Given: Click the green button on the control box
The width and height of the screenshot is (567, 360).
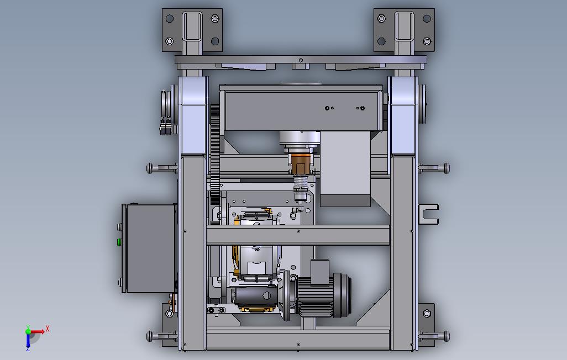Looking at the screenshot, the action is click(x=119, y=241).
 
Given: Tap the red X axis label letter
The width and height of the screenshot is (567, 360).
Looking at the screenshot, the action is click(x=48, y=329).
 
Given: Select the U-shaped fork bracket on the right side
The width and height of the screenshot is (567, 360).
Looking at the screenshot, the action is click(x=429, y=214).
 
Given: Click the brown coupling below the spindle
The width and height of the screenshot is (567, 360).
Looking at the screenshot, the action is click(x=300, y=164).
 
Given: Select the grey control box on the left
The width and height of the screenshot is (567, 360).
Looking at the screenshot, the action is click(x=150, y=248).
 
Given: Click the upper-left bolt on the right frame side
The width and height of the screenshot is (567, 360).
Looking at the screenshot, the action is click(x=162, y=168).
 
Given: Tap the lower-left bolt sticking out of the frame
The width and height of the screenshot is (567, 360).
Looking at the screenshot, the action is click(x=162, y=336).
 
